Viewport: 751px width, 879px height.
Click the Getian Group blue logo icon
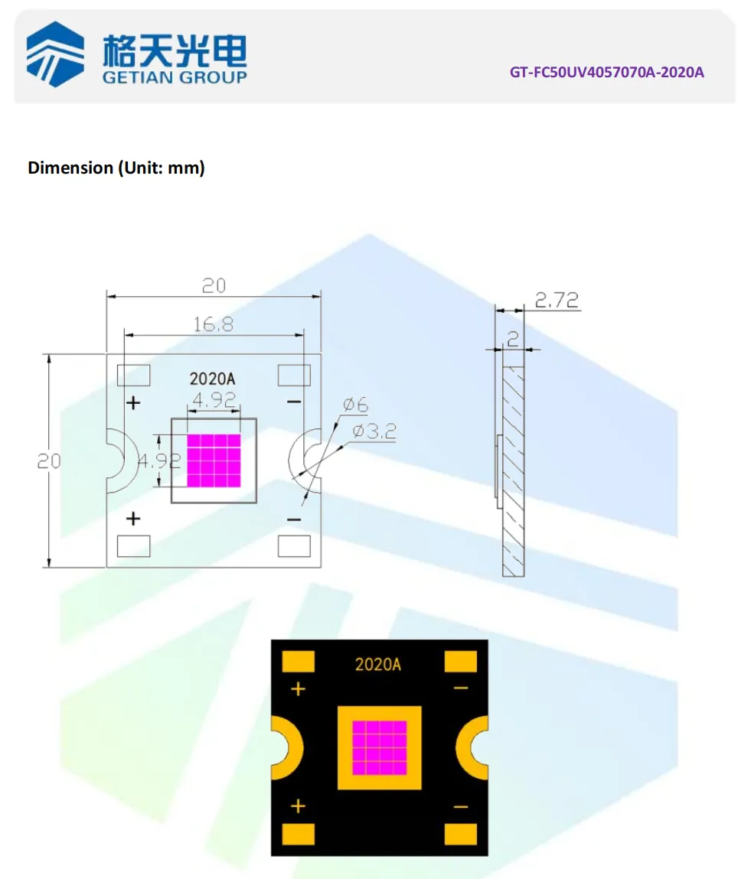55,54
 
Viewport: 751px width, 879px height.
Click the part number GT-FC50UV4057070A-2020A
606,73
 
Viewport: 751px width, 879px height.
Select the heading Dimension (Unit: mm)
116,168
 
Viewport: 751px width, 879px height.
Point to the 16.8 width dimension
214,324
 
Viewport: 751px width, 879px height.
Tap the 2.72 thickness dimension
556,300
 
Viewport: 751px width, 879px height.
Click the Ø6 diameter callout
355,405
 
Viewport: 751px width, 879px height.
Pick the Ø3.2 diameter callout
374,432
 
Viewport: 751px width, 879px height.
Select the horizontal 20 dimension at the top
214,285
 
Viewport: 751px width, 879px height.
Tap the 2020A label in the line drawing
211,379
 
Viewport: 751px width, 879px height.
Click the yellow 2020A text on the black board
377,664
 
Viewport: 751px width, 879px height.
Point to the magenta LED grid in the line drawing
214,461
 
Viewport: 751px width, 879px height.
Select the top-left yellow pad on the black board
299,661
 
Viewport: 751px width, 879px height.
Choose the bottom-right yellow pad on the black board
461,835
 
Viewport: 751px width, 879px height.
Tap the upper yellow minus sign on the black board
460,689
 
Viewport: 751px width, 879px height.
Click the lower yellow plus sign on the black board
298,806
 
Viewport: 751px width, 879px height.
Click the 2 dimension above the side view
513,337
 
